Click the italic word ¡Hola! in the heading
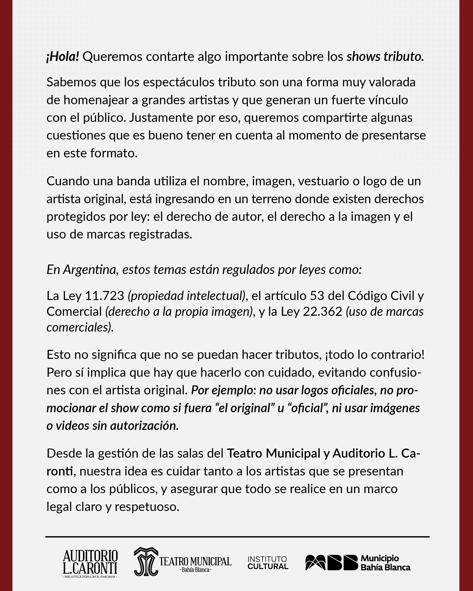click(63, 57)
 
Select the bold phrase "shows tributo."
click(385, 57)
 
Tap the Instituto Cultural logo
click(268, 562)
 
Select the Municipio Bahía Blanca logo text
click(385, 562)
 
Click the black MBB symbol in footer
click(331, 562)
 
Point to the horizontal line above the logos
click(237, 536)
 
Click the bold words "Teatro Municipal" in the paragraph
click(273, 453)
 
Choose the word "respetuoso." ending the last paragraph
click(147, 507)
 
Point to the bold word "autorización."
click(144, 426)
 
